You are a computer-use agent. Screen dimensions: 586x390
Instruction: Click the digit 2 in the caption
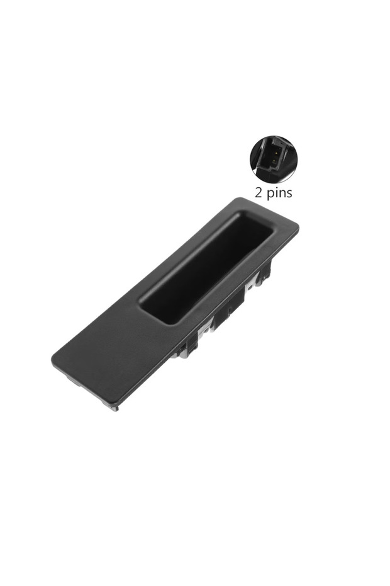(x=259, y=193)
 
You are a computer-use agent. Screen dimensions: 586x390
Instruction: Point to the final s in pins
(x=289, y=193)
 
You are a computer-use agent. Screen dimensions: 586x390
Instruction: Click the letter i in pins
(x=275, y=192)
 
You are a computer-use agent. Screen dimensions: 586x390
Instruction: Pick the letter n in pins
(x=281, y=193)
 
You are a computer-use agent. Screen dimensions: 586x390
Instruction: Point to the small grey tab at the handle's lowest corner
(x=114, y=407)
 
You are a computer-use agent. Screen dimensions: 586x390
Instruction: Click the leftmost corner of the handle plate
(x=53, y=360)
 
